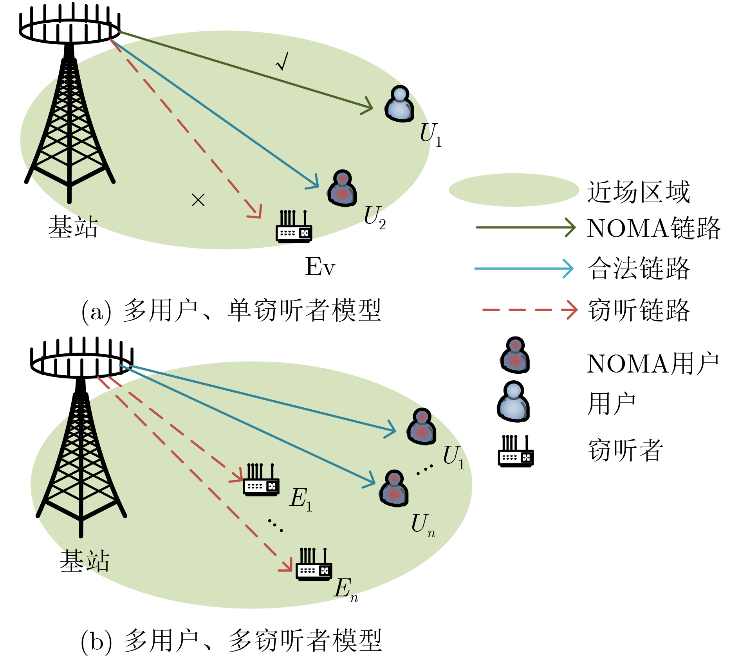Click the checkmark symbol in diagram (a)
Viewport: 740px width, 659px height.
282,62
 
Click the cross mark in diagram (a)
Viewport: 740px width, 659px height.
198,200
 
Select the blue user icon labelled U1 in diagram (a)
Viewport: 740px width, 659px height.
399,104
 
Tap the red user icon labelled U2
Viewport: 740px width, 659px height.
342,188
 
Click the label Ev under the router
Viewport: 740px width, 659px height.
320,267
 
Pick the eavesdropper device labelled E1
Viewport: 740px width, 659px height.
261,481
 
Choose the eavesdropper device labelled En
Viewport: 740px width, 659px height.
314,565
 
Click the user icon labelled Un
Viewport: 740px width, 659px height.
394,489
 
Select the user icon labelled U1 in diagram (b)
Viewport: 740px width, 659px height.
422,427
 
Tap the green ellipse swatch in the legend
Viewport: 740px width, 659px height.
514,190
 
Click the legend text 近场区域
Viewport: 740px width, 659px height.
638,192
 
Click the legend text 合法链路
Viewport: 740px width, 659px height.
638,269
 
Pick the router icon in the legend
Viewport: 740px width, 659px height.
516,452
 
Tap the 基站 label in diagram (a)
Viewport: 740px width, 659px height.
73,227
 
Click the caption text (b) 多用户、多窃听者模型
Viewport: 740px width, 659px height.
231,641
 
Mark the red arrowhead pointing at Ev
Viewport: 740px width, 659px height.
255,212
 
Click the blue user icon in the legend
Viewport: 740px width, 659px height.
514,402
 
